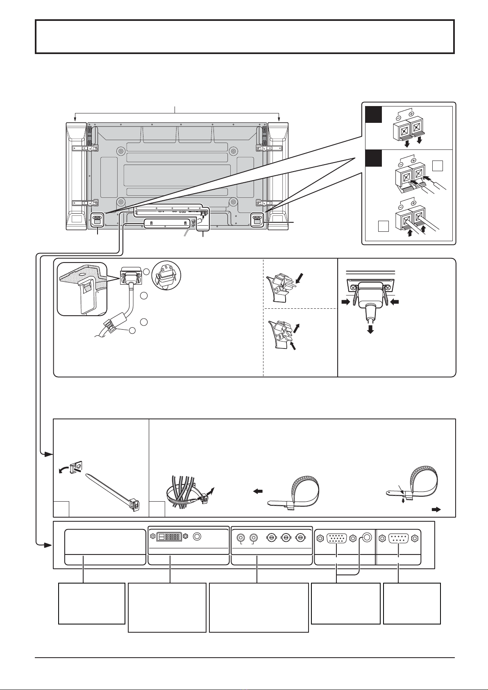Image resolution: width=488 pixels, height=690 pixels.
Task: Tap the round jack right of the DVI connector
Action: (197, 537)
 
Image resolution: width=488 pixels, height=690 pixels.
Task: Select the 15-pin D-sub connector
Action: (336, 537)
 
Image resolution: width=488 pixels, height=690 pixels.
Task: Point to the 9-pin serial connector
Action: (399, 537)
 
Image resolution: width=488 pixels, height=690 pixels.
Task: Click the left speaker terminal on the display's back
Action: (97, 219)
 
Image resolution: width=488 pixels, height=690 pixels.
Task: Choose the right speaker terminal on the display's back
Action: (257, 219)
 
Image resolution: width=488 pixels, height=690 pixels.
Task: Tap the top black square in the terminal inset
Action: (374, 115)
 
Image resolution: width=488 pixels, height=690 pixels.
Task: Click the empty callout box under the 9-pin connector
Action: (412, 603)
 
